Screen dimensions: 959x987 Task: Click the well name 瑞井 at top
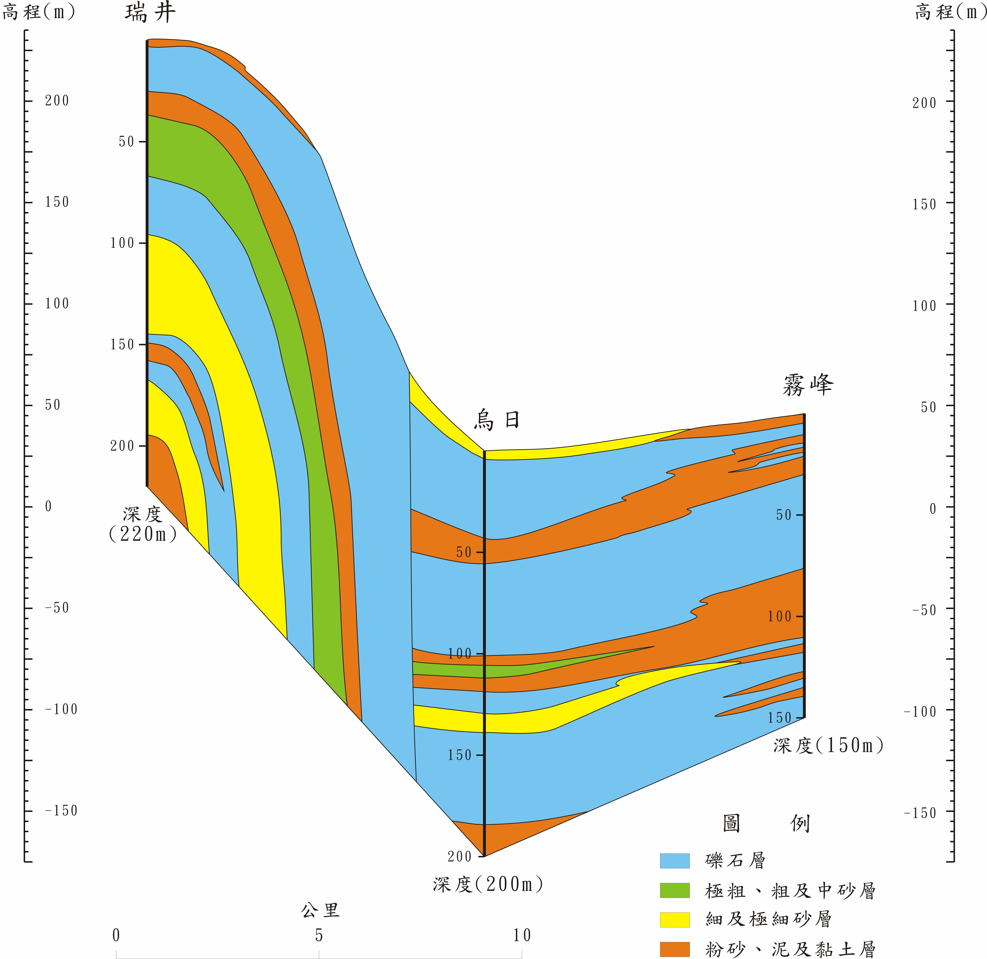tap(150, 12)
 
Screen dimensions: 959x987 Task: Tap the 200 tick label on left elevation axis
tap(56, 101)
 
